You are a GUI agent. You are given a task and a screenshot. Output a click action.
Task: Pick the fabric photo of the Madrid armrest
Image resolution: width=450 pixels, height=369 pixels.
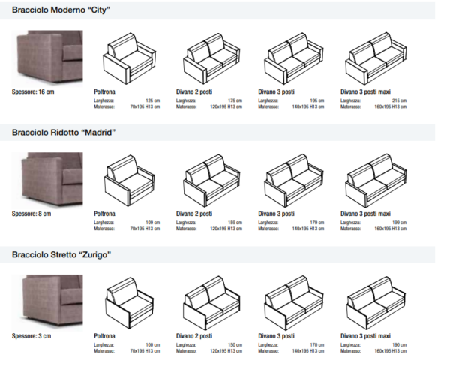pos(49,179)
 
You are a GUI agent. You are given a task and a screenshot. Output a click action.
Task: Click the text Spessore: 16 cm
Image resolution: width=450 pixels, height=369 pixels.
pos(33,91)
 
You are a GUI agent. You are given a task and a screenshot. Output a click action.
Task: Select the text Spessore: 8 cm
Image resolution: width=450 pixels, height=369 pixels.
pos(31,214)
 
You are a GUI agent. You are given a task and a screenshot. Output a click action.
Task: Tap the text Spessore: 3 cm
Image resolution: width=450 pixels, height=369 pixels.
pos(31,336)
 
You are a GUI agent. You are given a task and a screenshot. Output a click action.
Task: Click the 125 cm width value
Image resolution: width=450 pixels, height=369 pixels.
pos(153,100)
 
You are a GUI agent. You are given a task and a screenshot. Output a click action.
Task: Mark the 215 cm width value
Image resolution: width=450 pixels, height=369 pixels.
pos(399,100)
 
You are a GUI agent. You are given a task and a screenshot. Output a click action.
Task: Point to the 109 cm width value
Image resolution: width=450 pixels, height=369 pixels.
pos(153,222)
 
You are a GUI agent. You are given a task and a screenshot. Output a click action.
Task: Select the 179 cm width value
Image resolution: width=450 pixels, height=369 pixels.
pos(317,222)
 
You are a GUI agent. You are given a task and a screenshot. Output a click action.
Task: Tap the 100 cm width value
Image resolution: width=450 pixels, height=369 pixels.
pos(153,344)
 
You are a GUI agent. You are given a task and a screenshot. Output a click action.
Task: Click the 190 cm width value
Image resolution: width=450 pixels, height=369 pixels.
pos(399,344)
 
